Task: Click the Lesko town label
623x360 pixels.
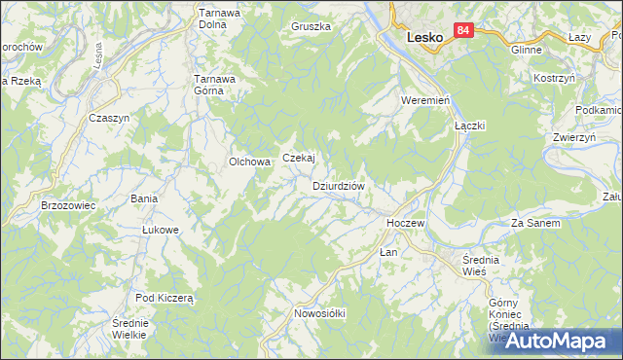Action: coord(423,38)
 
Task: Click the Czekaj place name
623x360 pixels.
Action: coord(299,158)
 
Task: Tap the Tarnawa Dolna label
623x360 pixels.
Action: coord(220,19)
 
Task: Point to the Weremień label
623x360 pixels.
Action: coord(423,101)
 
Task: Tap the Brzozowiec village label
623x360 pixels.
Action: coord(67,206)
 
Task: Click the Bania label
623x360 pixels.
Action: coord(144,198)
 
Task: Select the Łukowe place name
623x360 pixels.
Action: coord(161,230)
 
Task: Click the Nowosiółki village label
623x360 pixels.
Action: coord(320,313)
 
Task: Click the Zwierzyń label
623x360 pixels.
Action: coord(573,138)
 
